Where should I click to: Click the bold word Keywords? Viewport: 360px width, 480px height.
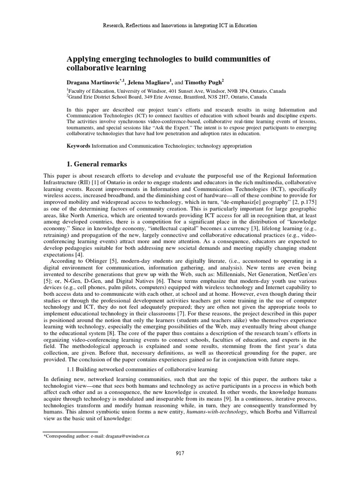pos(78,146)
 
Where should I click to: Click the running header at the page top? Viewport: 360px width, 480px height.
pos(180,25)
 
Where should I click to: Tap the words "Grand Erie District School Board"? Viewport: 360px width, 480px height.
pos(104,97)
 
